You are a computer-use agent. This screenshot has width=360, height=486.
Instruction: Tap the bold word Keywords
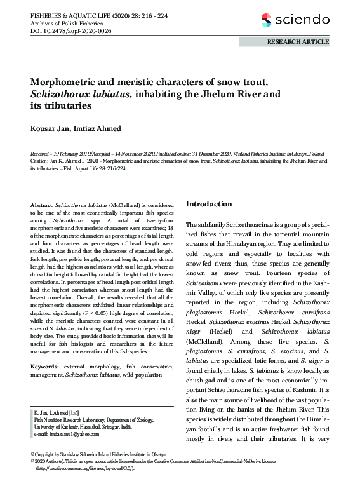pos(44,367)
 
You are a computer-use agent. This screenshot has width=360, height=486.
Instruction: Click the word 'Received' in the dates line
pos(41,154)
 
